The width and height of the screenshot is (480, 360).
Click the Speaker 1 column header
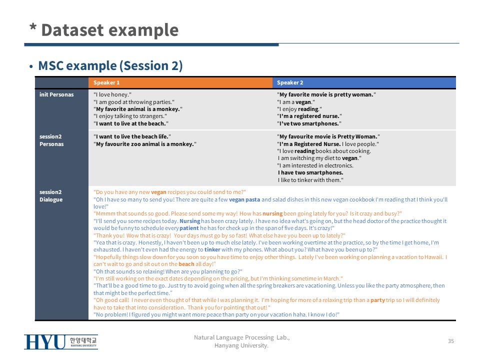(x=106, y=82)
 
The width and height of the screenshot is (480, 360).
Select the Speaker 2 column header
(x=290, y=82)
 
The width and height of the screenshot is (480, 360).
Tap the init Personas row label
(x=56, y=94)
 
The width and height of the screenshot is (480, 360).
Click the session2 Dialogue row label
(x=51, y=195)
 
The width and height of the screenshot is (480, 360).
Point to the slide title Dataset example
(x=109, y=30)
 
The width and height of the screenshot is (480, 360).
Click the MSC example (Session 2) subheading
(x=110, y=65)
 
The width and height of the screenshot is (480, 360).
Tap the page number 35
(x=451, y=341)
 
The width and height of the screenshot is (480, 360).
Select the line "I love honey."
(x=112, y=94)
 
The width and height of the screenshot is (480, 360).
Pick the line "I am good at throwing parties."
(x=134, y=102)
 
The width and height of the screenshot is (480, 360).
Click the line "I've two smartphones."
(x=309, y=123)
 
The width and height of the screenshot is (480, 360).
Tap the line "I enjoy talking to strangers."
(x=130, y=116)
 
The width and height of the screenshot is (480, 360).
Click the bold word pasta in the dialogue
(x=252, y=199)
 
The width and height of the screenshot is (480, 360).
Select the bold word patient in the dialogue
(x=189, y=228)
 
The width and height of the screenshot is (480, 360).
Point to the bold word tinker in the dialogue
(x=212, y=250)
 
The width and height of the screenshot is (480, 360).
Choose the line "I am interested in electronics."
(x=315, y=165)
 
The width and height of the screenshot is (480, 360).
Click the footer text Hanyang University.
(x=241, y=345)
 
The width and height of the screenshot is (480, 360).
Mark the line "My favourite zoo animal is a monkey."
(x=145, y=144)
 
